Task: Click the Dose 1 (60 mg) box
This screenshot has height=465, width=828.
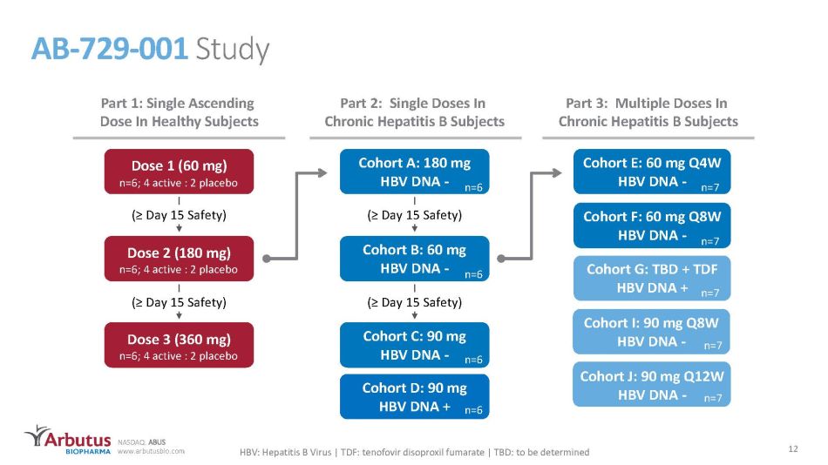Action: tap(179, 172)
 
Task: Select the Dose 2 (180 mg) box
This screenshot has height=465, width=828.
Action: tap(179, 259)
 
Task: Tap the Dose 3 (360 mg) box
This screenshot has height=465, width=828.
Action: tap(179, 345)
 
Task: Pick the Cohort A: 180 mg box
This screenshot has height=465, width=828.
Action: tap(415, 172)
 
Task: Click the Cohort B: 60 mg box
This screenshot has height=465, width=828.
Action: tap(415, 259)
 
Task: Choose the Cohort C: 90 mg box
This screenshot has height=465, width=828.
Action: tap(415, 345)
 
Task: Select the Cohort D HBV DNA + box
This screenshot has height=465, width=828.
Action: tap(415, 397)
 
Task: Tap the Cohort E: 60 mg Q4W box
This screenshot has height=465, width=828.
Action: tap(652, 172)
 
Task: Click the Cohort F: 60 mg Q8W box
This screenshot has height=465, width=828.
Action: tap(652, 226)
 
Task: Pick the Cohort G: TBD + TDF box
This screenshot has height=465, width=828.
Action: tap(652, 278)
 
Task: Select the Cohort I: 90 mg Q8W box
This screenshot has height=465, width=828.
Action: tap(652, 332)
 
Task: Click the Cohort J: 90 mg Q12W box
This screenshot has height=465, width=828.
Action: tap(652, 384)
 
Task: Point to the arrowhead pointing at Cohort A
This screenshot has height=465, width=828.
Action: tap(322, 172)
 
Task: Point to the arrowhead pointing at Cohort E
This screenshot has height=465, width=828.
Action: tap(556, 172)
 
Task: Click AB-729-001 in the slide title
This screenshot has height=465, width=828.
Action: tap(109, 49)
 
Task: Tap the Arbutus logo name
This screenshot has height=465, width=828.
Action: tap(78, 440)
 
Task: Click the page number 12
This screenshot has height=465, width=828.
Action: tap(792, 448)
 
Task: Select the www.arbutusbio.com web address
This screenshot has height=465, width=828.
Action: tap(151, 451)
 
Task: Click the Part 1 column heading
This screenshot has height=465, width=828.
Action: tap(179, 111)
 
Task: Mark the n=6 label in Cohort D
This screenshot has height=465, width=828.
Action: tap(473, 410)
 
